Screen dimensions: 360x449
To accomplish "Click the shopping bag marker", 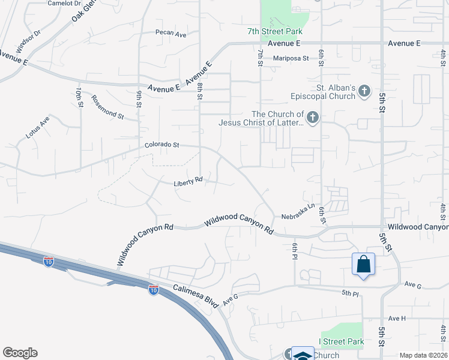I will pos(363,265).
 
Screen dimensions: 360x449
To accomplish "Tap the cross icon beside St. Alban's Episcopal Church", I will pos(363,92).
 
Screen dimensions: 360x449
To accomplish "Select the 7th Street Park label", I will pos(274,32).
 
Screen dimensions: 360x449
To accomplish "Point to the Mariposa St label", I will pos(291,58).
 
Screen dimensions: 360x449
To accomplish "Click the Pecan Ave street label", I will pos(171,34).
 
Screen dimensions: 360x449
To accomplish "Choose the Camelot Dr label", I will pos(64,3).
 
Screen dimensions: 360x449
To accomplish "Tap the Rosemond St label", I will pos(107,107).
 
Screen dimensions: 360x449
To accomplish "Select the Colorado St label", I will pos(162,145).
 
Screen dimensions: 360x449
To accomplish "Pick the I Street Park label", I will pos(341,342).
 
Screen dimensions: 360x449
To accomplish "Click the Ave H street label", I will pos(397,318).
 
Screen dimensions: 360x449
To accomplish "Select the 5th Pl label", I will pos(350,293).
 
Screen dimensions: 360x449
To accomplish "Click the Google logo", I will pos(19,353).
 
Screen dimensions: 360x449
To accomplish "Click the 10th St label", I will pos(79,97).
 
